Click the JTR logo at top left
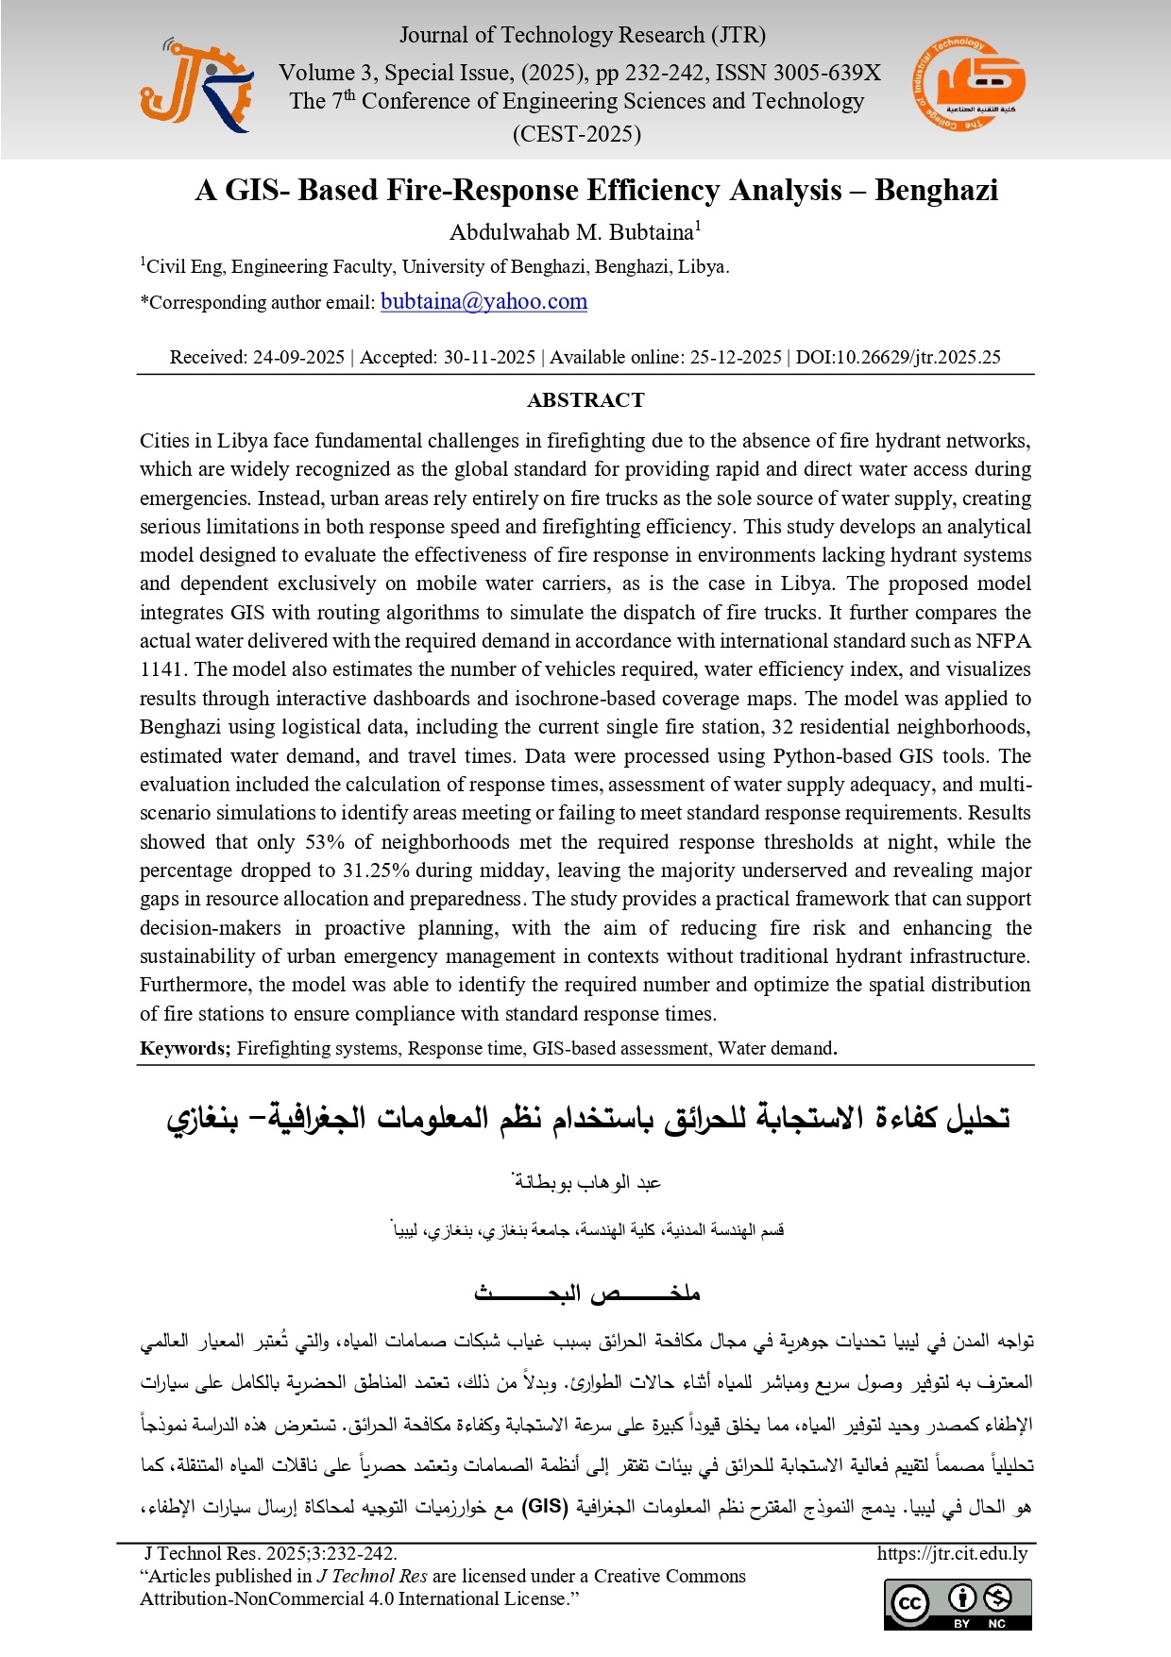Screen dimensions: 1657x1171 (196, 85)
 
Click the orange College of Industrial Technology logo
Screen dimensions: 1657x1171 (970, 85)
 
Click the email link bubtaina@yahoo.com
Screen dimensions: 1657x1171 (484, 301)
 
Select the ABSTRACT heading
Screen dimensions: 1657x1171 (585, 399)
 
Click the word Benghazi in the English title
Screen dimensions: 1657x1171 (935, 191)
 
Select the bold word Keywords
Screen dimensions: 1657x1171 (184, 1048)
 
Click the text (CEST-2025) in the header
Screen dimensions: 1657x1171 (577, 133)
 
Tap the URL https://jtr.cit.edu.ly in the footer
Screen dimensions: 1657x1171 (952, 1553)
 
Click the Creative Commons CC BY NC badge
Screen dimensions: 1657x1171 (958, 1604)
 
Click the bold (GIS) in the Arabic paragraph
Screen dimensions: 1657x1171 (545, 1506)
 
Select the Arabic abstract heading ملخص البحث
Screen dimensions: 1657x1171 (586, 1293)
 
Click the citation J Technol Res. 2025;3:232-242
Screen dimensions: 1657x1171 (270, 1553)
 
